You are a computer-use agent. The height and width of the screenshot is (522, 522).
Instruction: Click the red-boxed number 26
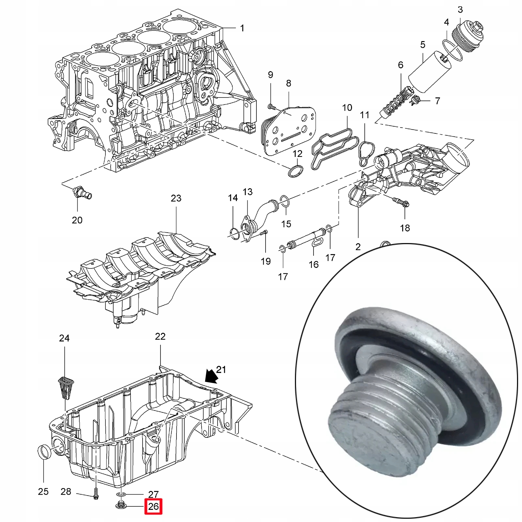pyautogui.click(x=153, y=506)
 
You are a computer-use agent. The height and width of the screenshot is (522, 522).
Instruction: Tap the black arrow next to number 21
pyautogui.click(x=211, y=376)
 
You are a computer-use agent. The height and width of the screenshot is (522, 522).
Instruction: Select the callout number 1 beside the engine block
pyautogui.click(x=242, y=28)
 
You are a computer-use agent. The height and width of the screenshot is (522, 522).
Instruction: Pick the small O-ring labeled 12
pyautogui.click(x=296, y=171)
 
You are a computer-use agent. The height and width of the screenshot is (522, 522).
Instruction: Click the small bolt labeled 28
pyautogui.click(x=96, y=495)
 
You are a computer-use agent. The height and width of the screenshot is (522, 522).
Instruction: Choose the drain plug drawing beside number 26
pyautogui.click(x=120, y=506)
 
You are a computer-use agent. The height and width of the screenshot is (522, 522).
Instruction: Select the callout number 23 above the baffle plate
pyautogui.click(x=176, y=198)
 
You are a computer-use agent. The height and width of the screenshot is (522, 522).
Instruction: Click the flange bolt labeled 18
pyautogui.click(x=401, y=202)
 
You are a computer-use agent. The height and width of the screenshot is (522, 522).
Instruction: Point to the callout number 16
pyautogui.click(x=314, y=264)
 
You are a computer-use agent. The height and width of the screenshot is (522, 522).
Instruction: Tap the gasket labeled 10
pyautogui.click(x=333, y=147)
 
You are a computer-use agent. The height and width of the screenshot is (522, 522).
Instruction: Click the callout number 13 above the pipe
pyautogui.click(x=248, y=192)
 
